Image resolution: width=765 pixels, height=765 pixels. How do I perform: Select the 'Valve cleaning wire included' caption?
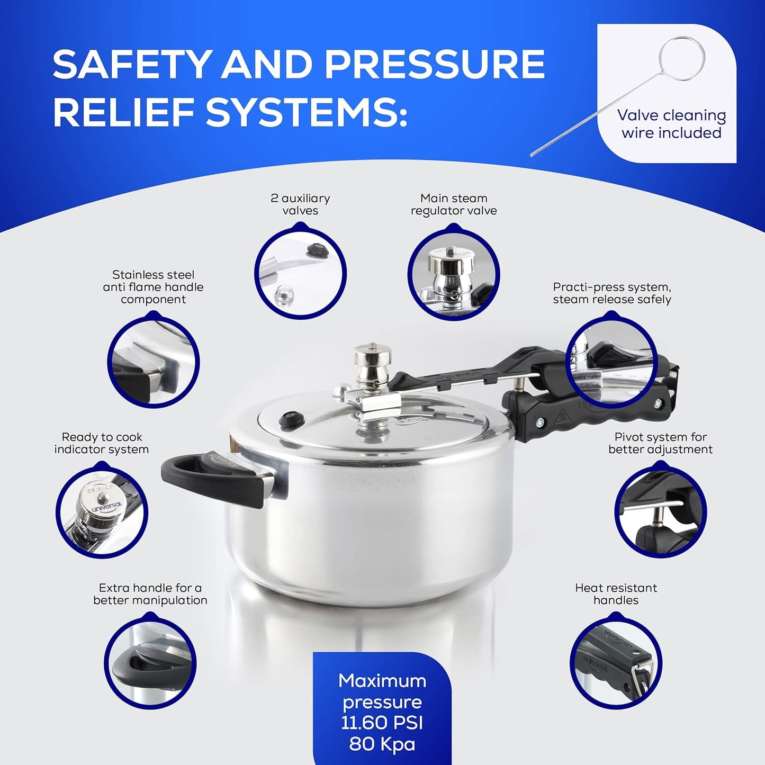point(671,124)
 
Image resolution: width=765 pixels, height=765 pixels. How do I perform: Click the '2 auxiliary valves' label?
point(300,204)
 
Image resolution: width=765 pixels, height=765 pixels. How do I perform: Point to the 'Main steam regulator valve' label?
point(454,204)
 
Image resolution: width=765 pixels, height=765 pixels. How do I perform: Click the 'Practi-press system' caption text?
point(612,293)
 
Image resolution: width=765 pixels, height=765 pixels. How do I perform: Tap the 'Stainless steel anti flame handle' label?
point(153,287)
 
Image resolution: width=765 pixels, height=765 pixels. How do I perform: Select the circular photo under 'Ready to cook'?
point(102,511)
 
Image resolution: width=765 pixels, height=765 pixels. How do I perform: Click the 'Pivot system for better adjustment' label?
point(660,443)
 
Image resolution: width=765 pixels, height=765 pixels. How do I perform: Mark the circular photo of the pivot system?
point(660,511)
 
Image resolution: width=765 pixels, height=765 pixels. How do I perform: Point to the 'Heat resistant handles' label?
point(616,594)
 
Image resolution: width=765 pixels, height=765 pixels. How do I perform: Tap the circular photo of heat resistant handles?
point(616,662)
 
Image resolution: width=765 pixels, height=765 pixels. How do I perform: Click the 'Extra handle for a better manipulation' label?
point(150,594)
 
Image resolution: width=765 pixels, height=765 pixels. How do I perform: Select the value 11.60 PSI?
point(382,723)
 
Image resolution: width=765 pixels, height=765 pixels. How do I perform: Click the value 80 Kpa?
point(382,744)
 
